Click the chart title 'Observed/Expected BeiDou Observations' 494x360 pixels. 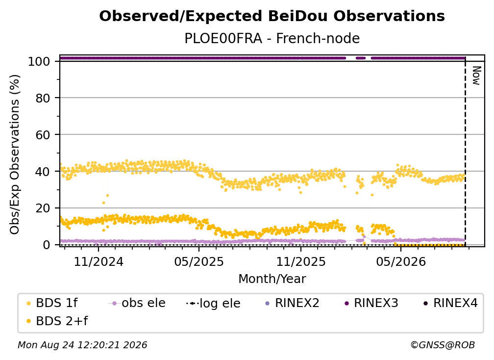pyautogui.click(x=272, y=16)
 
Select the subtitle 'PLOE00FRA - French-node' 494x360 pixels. pyautogui.click(x=272, y=38)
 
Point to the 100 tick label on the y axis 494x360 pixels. pyautogui.click(x=39, y=61)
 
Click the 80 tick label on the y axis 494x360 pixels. pyautogui.click(x=43, y=98)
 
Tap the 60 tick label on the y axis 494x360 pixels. pyautogui.click(x=43, y=135)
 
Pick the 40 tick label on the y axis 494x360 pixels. pyautogui.click(x=43, y=172)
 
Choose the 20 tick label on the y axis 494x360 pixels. pyautogui.click(x=43, y=208)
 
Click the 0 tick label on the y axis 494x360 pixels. pyautogui.click(x=47, y=245)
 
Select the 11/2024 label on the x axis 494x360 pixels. pyautogui.click(x=99, y=261)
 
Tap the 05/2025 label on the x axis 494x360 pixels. pyautogui.click(x=199, y=261)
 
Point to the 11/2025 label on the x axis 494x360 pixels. pyautogui.click(x=301, y=261)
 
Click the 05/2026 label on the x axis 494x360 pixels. pyautogui.click(x=401, y=261)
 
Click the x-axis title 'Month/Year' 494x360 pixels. pyautogui.click(x=272, y=279)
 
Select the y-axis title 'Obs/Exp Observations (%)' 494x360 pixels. pyautogui.click(x=15, y=154)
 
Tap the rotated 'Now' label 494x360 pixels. pyautogui.click(x=476, y=76)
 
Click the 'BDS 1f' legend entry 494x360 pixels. pyautogui.click(x=52, y=303)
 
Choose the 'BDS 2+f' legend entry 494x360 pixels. pyautogui.click(x=57, y=321)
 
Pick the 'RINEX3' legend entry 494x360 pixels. pyautogui.click(x=371, y=303)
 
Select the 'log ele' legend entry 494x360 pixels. pyautogui.click(x=213, y=303)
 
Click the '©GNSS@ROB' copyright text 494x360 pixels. pyautogui.click(x=443, y=345)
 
